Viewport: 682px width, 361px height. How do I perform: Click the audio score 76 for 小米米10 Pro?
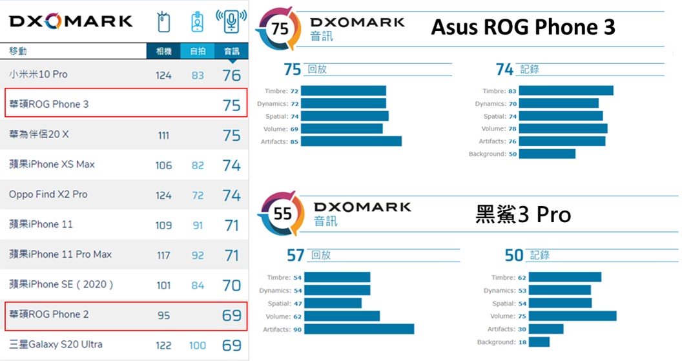pyautogui.click(x=231, y=75)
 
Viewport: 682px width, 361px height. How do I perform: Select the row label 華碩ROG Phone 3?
pyautogui.click(x=49, y=104)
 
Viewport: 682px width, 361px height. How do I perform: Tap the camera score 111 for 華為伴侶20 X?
pyautogui.click(x=163, y=135)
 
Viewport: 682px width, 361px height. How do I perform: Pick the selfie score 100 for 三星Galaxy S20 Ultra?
pyautogui.click(x=198, y=346)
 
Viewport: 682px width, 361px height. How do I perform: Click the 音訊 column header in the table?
pyautogui.click(x=231, y=51)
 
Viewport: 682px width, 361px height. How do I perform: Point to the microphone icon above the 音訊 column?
pyautogui.click(x=231, y=22)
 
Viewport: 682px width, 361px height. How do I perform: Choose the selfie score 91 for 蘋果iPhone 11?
pyautogui.click(x=198, y=225)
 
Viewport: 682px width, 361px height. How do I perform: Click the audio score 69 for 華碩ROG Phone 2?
pyautogui.click(x=231, y=315)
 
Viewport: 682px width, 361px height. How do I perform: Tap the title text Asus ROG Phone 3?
pyautogui.click(x=522, y=27)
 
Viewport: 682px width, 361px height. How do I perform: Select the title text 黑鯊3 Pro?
pyautogui.click(x=523, y=214)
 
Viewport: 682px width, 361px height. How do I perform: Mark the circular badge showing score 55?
pyautogui.click(x=282, y=214)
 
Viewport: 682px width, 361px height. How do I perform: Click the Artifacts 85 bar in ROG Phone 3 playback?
pyautogui.click(x=351, y=141)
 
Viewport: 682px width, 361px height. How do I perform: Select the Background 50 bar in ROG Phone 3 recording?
pyautogui.click(x=546, y=154)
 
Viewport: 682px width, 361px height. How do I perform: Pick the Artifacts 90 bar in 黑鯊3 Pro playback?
pyautogui.click(x=358, y=329)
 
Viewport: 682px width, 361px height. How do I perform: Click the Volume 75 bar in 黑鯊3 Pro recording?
pyautogui.click(x=568, y=316)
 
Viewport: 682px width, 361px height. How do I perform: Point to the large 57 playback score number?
pyautogui.click(x=295, y=255)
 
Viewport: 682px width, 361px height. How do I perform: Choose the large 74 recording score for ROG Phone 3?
pyautogui.click(x=504, y=69)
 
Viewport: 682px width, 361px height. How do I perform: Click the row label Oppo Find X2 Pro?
pyautogui.click(x=48, y=194)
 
